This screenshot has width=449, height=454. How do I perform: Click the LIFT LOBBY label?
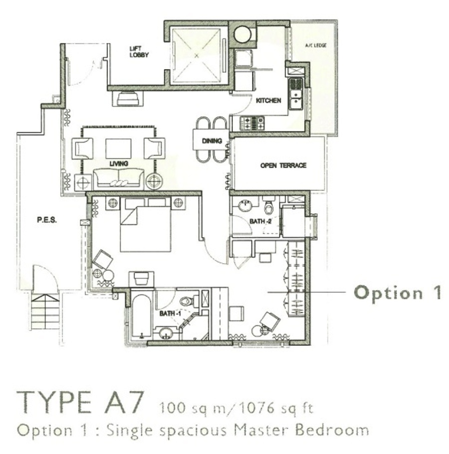click(139, 52)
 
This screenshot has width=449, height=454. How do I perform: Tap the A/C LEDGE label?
click(316, 45)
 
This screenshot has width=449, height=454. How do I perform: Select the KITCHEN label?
click(268, 101)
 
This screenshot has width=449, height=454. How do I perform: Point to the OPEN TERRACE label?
click(283, 165)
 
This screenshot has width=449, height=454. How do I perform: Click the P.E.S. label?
click(47, 220)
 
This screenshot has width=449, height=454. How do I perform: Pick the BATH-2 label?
click(260, 221)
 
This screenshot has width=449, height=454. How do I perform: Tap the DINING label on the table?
click(212, 141)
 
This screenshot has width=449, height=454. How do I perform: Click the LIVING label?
click(119, 163)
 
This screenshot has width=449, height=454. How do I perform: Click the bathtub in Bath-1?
click(142, 316)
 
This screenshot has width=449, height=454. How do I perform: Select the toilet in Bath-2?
click(269, 206)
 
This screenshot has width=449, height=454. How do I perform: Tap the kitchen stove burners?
click(252, 123)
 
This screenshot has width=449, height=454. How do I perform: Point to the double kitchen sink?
click(296, 94)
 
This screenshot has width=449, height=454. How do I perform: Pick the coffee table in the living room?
click(118, 149)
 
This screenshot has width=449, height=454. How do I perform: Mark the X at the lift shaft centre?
click(197, 55)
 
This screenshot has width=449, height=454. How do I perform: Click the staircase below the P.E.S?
click(45, 311)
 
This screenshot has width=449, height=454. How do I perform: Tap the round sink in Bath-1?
click(165, 332)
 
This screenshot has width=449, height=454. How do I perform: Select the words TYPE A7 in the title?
click(80, 403)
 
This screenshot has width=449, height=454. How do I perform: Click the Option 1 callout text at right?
click(398, 293)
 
